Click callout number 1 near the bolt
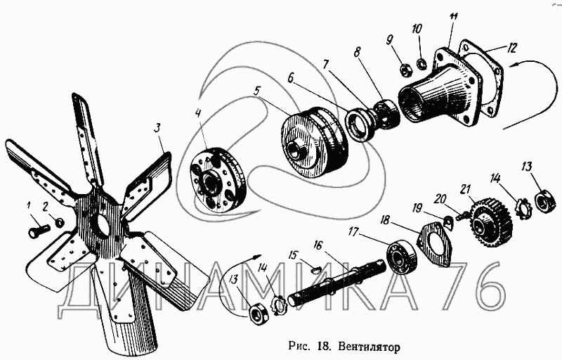point(29,205)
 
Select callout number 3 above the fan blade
point(158,127)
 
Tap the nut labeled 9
point(405,69)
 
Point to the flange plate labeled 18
point(435,243)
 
